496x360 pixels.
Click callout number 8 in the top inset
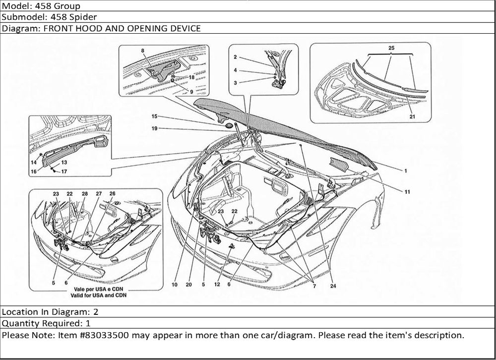(x=142, y=51)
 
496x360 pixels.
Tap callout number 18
(x=191, y=78)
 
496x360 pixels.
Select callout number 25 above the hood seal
(x=391, y=47)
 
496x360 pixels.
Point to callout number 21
(x=412, y=117)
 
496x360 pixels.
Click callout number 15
(x=154, y=117)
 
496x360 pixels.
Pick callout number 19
(x=154, y=128)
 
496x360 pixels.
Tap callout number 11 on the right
(x=407, y=191)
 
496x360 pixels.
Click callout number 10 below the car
(x=175, y=285)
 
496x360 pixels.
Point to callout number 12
(x=217, y=285)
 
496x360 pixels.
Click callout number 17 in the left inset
(x=64, y=172)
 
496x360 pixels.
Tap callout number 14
(x=34, y=162)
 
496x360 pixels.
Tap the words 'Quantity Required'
(x=37, y=323)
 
